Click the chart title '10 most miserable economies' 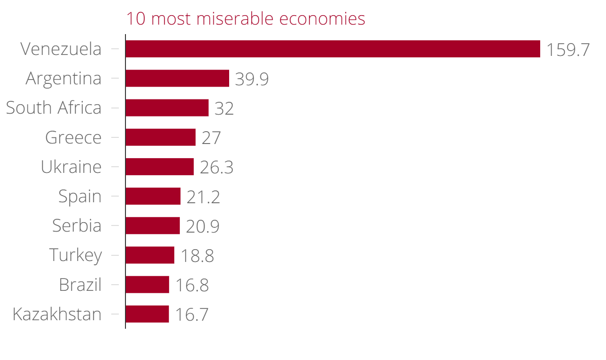click(x=245, y=19)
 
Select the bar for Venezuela click(x=332, y=49)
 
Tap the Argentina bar click(x=177, y=78)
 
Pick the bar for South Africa click(x=167, y=108)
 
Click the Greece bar click(x=160, y=137)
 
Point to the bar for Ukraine click(x=160, y=167)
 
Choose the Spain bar click(x=153, y=196)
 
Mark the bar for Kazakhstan click(x=147, y=314)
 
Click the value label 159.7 click(x=568, y=50)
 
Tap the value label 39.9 click(x=252, y=79)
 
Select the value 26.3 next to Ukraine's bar click(x=216, y=168)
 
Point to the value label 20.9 click(x=203, y=226)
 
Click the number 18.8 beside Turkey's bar click(x=197, y=256)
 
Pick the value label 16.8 click(x=192, y=286)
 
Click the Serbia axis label click(x=77, y=225)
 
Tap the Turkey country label click(x=76, y=255)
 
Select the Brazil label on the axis click(x=80, y=285)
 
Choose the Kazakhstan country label click(x=57, y=314)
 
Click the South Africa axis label click(x=53, y=108)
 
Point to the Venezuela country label click(x=61, y=49)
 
